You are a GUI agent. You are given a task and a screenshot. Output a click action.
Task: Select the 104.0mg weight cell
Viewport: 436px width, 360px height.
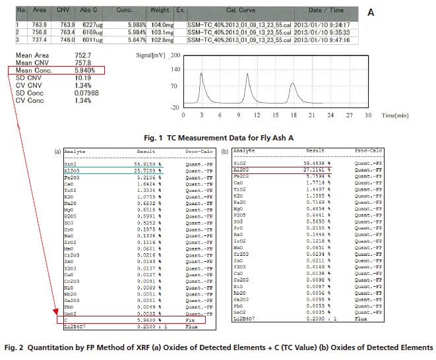click(161, 25)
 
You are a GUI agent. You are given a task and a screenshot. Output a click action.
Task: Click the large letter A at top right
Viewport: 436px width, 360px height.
click(370, 12)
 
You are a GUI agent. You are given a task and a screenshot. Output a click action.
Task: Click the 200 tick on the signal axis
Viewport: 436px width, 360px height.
click(175, 57)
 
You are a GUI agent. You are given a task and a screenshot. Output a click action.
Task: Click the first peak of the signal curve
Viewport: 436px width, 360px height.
click(201, 74)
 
